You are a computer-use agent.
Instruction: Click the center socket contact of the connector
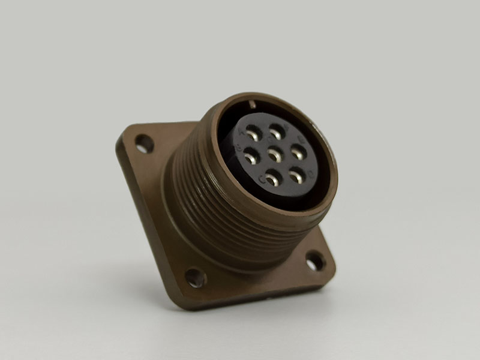coord(275,154)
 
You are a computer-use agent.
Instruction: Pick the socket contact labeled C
coord(272,178)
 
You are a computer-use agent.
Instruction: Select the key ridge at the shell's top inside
coord(253,104)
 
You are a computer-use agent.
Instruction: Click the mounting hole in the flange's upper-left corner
coord(144,143)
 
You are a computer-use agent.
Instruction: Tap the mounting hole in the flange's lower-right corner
coord(315,261)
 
